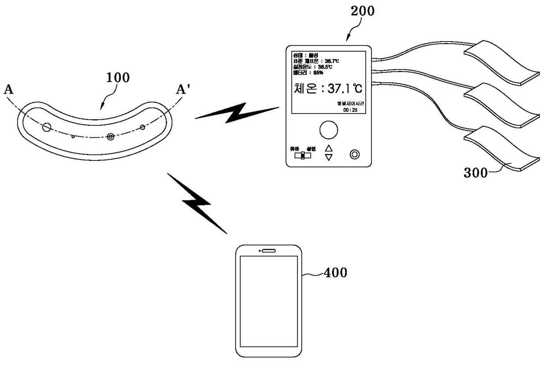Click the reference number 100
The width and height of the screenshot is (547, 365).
[x=118, y=78]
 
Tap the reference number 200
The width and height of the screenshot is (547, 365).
[x=363, y=11]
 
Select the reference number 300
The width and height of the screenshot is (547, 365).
[x=476, y=173]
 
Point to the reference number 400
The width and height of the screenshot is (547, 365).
[x=336, y=273]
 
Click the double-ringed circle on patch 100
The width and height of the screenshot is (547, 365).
[x=110, y=137]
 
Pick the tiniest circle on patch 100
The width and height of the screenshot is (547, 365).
[x=73, y=137]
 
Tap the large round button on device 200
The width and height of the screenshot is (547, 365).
[x=328, y=130]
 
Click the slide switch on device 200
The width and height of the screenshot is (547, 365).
[x=303, y=156]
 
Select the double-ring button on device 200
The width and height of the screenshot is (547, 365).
[x=354, y=154]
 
